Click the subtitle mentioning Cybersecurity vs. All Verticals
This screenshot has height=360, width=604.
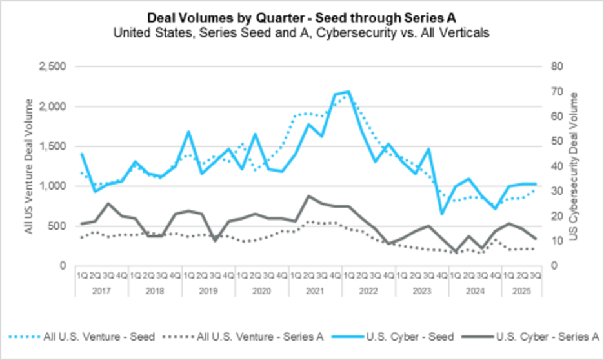(301, 33)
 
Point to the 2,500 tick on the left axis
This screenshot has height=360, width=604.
(53, 66)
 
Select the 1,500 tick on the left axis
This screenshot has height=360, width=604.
(53, 146)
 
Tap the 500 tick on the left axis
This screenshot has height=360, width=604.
(57, 226)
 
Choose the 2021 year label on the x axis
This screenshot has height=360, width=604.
(315, 291)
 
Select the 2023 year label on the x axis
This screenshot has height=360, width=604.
(422, 291)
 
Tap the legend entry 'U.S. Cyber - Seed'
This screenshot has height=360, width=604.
(401, 335)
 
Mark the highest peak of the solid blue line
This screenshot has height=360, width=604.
(348, 92)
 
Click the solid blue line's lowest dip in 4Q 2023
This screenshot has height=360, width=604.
(442, 214)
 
